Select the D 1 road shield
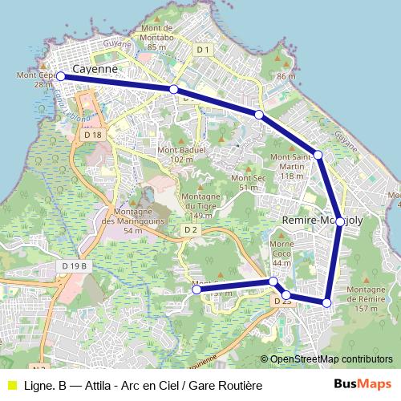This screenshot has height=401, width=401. coord(203,50)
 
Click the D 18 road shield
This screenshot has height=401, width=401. coord(92,136)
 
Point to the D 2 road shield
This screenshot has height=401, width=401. coord(190,230)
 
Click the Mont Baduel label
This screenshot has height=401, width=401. coord(182,154)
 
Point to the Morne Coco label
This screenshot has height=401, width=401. coord(281,253)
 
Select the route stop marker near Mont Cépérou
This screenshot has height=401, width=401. coord(60,76)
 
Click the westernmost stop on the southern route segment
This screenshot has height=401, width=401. coord(196,290)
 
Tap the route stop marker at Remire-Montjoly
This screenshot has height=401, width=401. coord(340,221)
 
